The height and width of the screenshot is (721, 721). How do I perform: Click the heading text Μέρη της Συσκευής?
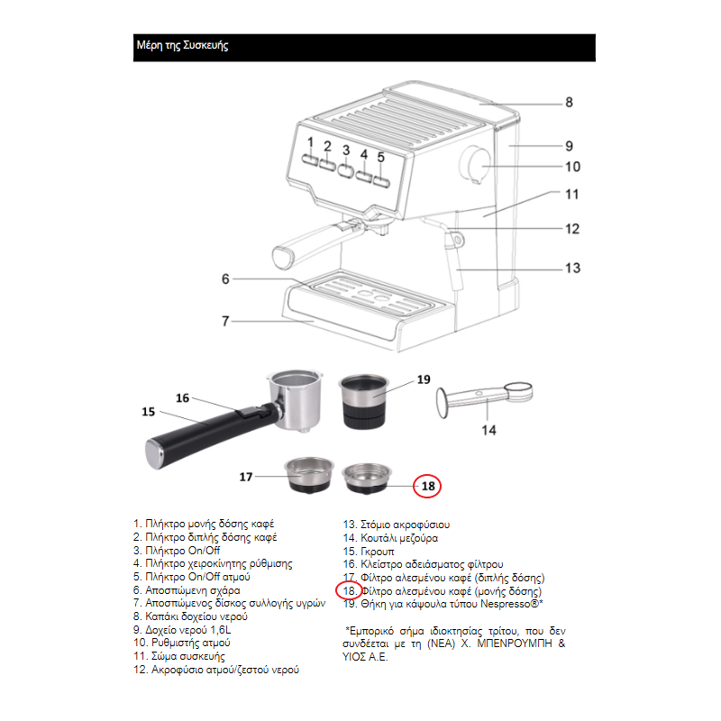click(x=182, y=46)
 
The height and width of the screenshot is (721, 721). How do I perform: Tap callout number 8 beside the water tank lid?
click(x=569, y=102)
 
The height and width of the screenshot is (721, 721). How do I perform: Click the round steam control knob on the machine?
click(x=475, y=165)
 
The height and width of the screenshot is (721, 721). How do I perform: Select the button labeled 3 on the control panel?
click(x=345, y=170)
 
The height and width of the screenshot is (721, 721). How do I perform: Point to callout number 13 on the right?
click(x=572, y=268)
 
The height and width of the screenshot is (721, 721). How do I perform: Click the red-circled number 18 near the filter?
click(x=427, y=486)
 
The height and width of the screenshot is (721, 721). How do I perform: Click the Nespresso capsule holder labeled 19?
click(x=363, y=401)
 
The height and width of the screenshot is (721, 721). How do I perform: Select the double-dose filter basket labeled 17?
click(x=309, y=476)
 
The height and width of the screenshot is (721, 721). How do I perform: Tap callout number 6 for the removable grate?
click(x=225, y=279)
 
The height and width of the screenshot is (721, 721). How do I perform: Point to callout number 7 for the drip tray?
click(x=225, y=321)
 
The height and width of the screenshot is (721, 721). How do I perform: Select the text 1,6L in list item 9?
click(x=220, y=629)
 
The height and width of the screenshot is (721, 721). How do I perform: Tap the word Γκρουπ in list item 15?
click(x=378, y=552)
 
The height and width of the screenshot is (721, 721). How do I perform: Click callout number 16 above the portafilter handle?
click(x=183, y=398)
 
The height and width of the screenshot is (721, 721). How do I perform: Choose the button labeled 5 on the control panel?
click(x=381, y=182)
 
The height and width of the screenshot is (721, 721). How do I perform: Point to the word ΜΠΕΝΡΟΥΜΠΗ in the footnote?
click(x=515, y=643)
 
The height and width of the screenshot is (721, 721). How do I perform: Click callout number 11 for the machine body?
click(x=572, y=195)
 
